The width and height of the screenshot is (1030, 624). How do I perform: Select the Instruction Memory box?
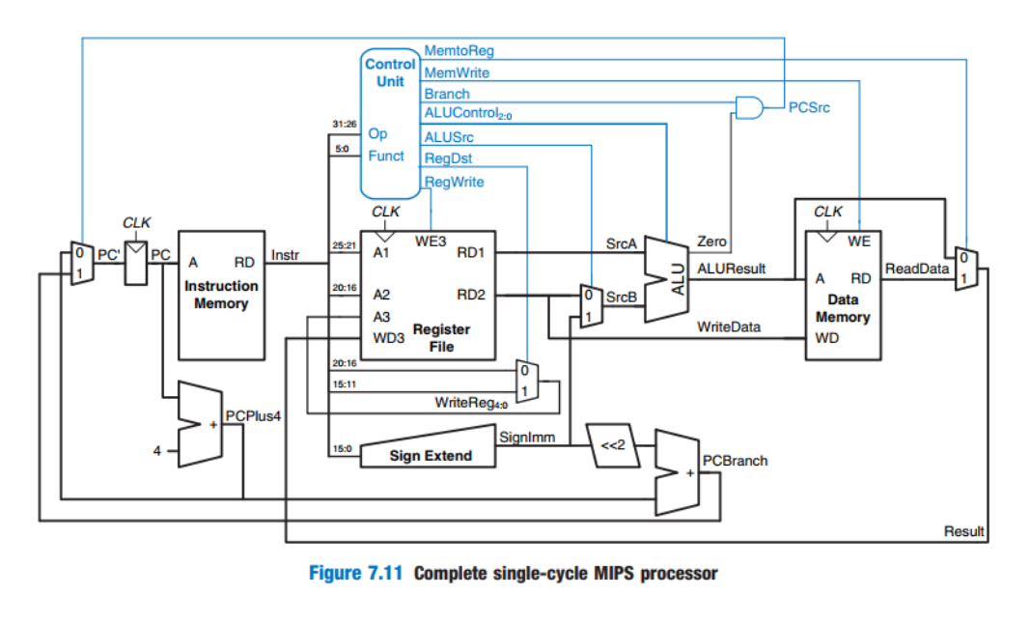tap(221, 295)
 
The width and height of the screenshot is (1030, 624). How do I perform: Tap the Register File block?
tap(427, 295)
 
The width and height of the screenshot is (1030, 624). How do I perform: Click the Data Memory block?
tap(842, 295)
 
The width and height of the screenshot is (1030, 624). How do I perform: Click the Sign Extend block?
tap(431, 455)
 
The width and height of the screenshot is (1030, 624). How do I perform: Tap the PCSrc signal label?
tap(809, 108)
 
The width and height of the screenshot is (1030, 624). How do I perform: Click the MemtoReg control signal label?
tap(459, 50)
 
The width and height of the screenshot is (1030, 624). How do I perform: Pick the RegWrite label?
tap(454, 181)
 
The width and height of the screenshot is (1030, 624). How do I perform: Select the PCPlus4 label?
tap(251, 414)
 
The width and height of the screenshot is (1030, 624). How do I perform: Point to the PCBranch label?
tap(736, 461)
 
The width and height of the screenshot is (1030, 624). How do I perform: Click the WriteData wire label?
tap(729, 326)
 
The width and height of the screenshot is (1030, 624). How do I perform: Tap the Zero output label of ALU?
tap(712, 241)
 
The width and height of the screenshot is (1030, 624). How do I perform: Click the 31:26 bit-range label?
tap(345, 125)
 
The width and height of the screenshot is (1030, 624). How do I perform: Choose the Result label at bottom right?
tap(963, 530)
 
